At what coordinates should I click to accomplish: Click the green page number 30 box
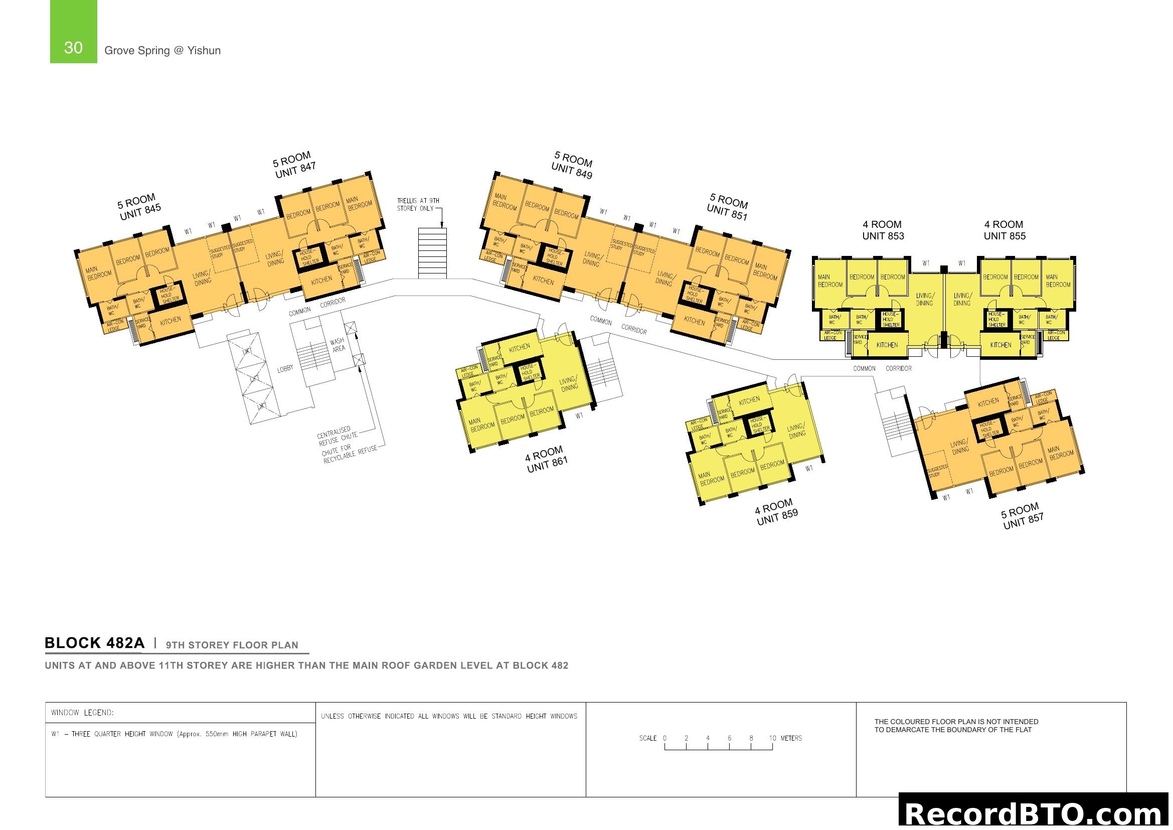tap(73, 32)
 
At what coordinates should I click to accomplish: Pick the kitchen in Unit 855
tap(1000, 345)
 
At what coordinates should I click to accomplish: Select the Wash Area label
tap(338, 345)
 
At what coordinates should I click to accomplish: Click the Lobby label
tap(285, 368)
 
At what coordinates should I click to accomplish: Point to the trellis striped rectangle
tap(432, 253)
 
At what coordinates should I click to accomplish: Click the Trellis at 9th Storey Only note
tap(418, 204)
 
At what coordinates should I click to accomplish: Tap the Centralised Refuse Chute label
tap(336, 436)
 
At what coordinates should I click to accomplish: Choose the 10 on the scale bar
tap(772, 738)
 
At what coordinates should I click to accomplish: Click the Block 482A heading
tap(94, 643)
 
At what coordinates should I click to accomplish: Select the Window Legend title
tap(82, 713)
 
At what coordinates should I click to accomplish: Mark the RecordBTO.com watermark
tap(1035, 813)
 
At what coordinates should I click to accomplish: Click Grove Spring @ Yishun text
tap(162, 51)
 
